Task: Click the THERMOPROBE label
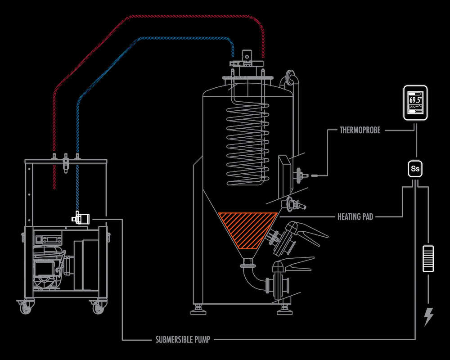pos(360,130)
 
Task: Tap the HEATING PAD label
pos(355,216)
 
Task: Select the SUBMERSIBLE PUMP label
pos(183,340)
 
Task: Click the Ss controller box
pos(415,168)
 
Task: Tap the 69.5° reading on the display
pos(415,100)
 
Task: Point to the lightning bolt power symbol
pos(428,317)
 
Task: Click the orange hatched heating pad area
pos(247,228)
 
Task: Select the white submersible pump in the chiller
pos(81,218)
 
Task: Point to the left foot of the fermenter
pos(198,310)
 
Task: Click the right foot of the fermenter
pos(285,310)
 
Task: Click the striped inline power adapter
pos(428,259)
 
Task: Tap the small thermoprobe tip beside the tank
pos(314,175)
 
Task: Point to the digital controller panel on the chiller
pos(49,239)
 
